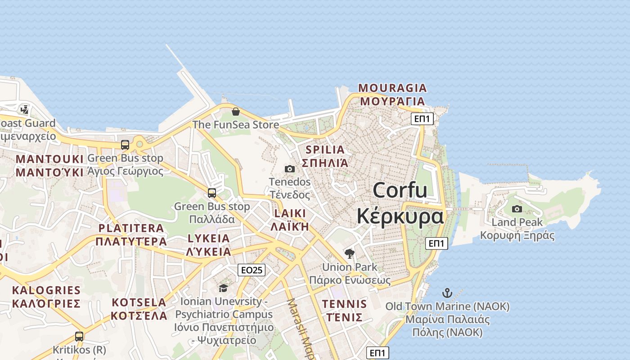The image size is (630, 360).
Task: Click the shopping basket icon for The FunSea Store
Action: click(x=235, y=112)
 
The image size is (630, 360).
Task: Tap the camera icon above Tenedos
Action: click(x=290, y=169)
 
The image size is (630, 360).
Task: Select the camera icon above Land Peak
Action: click(x=517, y=209)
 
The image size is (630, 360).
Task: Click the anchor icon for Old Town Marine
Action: click(x=447, y=293)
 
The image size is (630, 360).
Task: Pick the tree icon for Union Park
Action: click(x=349, y=254)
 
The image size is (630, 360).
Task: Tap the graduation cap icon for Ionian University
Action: click(x=223, y=288)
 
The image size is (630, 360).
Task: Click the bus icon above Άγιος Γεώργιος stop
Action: click(x=125, y=145)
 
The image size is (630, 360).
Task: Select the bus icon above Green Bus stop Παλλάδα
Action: click(x=212, y=193)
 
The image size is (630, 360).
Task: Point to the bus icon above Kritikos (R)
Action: click(x=79, y=336)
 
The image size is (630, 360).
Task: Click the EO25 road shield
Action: click(x=252, y=270)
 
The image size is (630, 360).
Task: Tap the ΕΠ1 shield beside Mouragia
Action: click(x=423, y=119)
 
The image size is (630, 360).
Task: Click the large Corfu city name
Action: click(x=400, y=190)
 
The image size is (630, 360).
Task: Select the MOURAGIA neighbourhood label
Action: click(x=392, y=88)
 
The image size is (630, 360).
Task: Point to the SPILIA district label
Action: click(x=325, y=150)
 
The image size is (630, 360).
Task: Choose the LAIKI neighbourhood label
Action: click(x=289, y=213)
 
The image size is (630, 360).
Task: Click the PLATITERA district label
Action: click(x=131, y=228)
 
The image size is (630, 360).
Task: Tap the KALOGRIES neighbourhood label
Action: click(x=46, y=290)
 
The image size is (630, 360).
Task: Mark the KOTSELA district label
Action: click(x=139, y=302)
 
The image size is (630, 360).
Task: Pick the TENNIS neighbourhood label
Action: click(x=344, y=304)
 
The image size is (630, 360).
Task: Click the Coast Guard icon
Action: click(x=24, y=109)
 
